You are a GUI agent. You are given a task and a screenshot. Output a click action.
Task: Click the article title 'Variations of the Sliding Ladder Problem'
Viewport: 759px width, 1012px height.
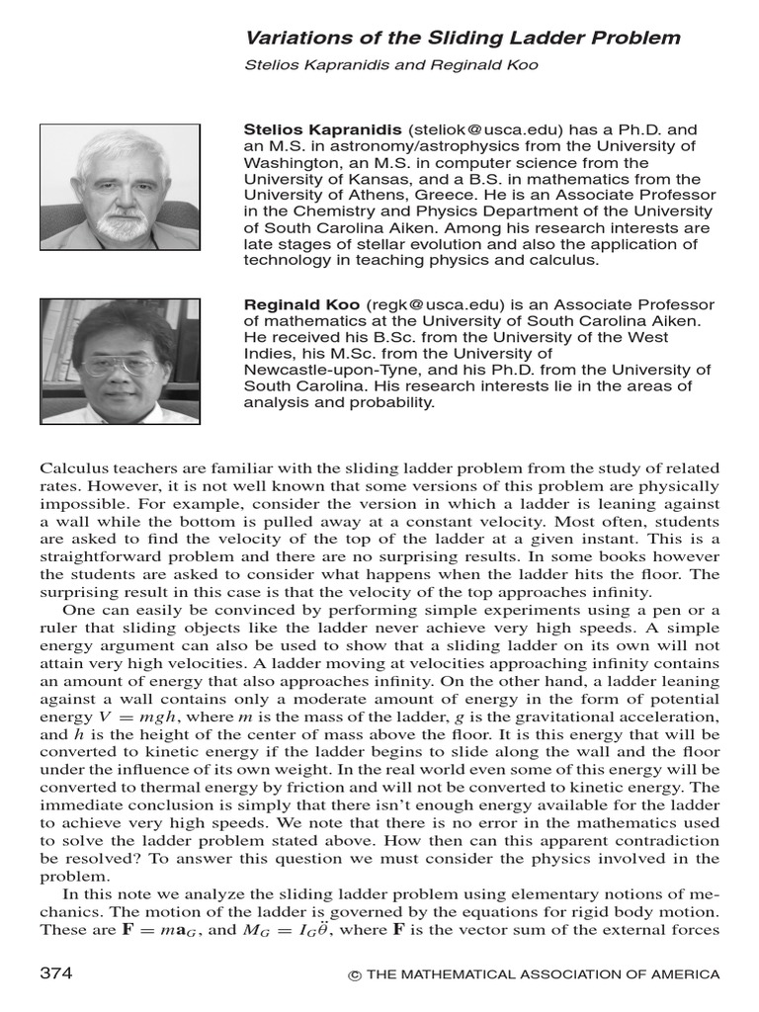(463, 38)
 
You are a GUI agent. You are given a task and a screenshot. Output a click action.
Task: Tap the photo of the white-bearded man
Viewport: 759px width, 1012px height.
(120, 186)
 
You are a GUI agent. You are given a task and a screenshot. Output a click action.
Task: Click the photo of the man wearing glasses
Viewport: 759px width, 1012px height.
(120, 361)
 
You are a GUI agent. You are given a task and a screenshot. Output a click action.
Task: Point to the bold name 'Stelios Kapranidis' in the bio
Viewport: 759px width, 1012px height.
(323, 130)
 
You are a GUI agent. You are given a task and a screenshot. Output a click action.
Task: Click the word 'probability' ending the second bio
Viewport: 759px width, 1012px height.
(378, 402)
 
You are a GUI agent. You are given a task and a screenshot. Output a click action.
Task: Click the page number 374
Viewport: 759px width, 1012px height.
(55, 973)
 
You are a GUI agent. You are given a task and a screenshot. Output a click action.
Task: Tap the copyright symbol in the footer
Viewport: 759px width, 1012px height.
(354, 975)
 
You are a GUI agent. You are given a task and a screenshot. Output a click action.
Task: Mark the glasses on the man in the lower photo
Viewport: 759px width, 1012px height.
(119, 364)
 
